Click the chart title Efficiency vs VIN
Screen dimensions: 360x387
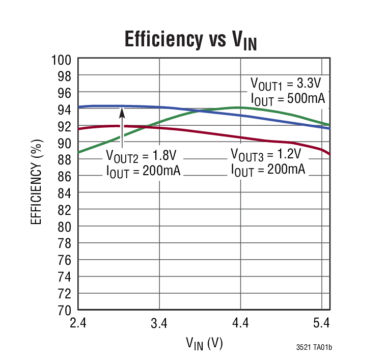190,39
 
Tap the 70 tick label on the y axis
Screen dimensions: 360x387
64,310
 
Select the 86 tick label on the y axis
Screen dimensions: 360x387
64,176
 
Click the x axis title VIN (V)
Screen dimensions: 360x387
204,344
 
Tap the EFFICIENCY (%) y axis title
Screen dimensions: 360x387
37,184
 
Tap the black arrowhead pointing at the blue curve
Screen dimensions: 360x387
122,113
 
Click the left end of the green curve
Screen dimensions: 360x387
78,152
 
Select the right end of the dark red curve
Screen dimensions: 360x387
330,154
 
